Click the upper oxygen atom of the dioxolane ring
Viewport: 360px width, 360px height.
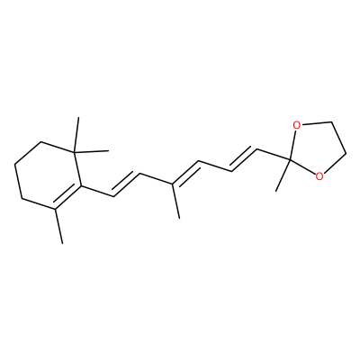[x=297, y=125]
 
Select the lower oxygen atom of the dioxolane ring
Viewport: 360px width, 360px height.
[x=319, y=176]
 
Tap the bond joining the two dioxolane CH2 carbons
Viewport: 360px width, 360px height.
[x=339, y=139]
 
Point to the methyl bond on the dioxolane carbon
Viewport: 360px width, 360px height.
[x=283, y=175]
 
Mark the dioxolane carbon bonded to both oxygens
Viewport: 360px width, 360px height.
[x=291, y=161]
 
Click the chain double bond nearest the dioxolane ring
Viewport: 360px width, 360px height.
[x=244, y=158]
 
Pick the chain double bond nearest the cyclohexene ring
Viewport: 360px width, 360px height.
[x=127, y=184]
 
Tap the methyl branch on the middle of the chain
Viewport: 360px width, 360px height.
[x=176, y=201]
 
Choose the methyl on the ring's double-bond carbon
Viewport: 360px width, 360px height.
[x=58, y=226]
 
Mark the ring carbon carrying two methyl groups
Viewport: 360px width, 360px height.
[x=75, y=151]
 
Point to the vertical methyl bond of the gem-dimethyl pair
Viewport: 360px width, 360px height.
[x=76, y=134]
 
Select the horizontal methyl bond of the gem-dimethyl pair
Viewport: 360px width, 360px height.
[x=92, y=151]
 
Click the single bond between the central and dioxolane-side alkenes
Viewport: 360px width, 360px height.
[x=215, y=166]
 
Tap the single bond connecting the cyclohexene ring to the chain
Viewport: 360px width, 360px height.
[x=97, y=192]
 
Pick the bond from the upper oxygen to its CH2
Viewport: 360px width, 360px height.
[x=316, y=123]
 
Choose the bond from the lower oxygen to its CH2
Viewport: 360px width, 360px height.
[x=336, y=165]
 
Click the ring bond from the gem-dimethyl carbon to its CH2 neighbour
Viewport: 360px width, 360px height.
[x=58, y=147]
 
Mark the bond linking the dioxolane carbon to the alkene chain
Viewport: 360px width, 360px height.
[x=274, y=155]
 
